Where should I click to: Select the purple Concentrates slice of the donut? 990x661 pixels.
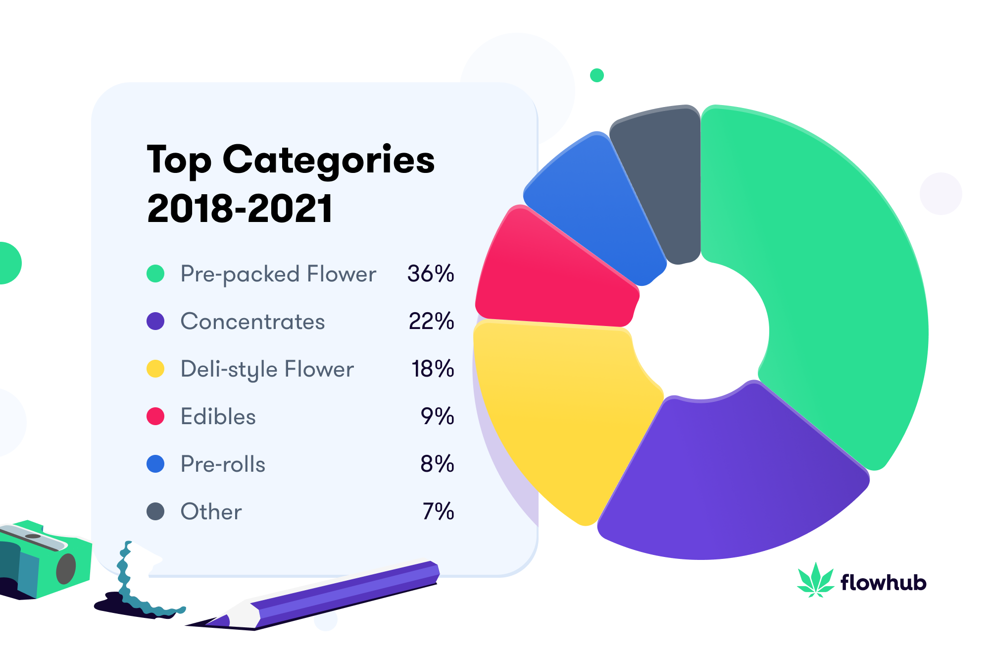pyautogui.click(x=733, y=476)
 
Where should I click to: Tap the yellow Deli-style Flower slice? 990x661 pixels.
pyautogui.click(x=559, y=421)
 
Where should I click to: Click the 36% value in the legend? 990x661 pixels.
pyautogui.click(x=431, y=274)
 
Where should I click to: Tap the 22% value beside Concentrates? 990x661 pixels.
pyautogui.click(x=431, y=321)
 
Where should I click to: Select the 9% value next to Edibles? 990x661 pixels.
pyautogui.click(x=437, y=416)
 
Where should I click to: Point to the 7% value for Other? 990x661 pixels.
pyautogui.click(x=438, y=511)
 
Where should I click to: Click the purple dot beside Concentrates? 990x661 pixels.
pyautogui.click(x=155, y=321)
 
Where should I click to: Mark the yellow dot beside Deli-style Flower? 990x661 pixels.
pyautogui.click(x=155, y=369)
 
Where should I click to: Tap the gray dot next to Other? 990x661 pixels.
pyautogui.click(x=155, y=511)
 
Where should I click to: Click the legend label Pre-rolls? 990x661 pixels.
pyautogui.click(x=223, y=464)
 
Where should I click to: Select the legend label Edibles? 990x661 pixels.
pyautogui.click(x=218, y=417)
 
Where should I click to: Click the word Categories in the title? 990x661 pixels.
pyautogui.click(x=329, y=161)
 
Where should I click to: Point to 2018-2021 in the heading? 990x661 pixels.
pyautogui.click(x=240, y=209)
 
